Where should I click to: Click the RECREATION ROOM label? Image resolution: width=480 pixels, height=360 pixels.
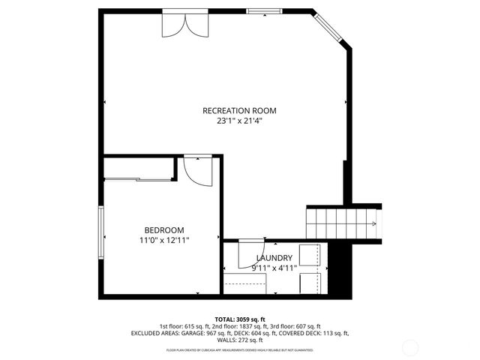click(235, 110)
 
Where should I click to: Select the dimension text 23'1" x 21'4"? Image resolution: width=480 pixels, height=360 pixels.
click(235, 120)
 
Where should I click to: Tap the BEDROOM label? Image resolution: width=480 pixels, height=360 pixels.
click(164, 230)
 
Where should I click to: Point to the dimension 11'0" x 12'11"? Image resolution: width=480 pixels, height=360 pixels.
click(164, 240)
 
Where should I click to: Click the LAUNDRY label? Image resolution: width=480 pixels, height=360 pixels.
click(274, 257)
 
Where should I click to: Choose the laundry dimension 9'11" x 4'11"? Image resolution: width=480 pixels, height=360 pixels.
click(274, 267)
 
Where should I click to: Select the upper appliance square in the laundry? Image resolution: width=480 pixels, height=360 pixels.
click(310, 254)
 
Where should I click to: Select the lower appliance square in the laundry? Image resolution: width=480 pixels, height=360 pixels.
click(310, 283)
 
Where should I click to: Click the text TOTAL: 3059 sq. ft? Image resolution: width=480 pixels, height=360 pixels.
click(240, 319)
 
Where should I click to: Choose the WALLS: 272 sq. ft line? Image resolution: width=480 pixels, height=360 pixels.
click(240, 339)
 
